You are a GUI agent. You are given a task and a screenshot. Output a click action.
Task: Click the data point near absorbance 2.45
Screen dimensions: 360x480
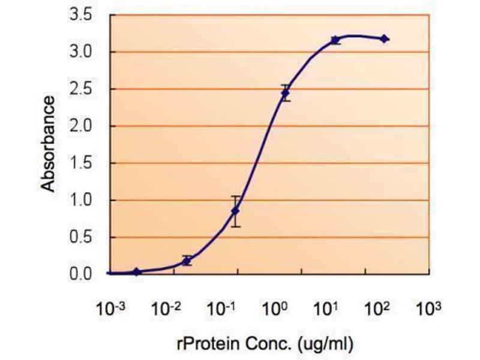tap(286, 93)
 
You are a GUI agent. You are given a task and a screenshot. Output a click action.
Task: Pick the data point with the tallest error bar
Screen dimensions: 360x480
tap(236, 211)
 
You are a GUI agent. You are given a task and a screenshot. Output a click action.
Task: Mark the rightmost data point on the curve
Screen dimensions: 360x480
tap(385, 39)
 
